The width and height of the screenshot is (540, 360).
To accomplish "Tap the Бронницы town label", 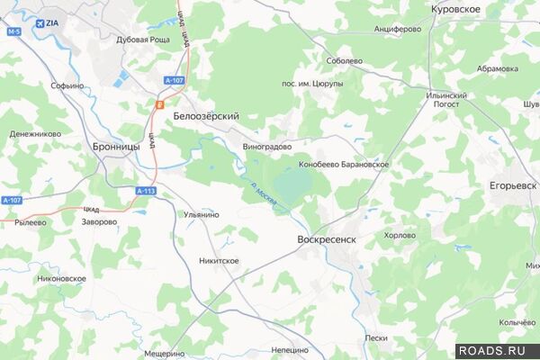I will coord(116,145).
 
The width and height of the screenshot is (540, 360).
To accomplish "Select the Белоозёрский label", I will coord(206,117).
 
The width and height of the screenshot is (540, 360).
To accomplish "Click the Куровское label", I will coord(456,8).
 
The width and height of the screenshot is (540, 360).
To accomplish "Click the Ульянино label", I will coord(202,215).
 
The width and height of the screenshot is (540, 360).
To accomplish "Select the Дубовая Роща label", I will coord(143,40).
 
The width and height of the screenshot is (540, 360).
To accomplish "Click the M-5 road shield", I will coord(13,31).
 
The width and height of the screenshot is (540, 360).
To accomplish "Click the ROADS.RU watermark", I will coord(497,350).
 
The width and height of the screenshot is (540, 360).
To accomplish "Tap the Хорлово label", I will coord(400,236).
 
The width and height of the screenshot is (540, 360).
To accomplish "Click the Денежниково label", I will coord(35,134).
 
